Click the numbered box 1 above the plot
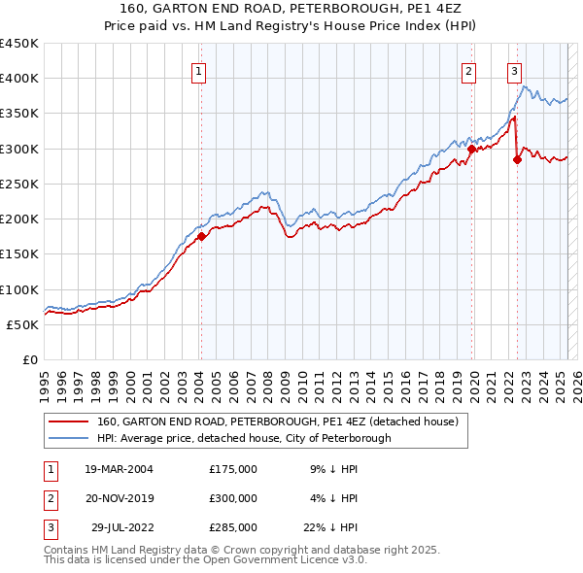coord(198,70)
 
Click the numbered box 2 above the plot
coord(468,70)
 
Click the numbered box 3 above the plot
coord(514,70)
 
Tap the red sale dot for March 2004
coord(201,236)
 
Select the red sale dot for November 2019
coord(471,150)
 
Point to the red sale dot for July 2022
coord(517,160)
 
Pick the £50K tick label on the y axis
coord(23,325)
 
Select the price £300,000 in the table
coord(232,498)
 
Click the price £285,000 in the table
coord(232,527)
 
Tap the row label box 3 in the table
coord(48,527)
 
